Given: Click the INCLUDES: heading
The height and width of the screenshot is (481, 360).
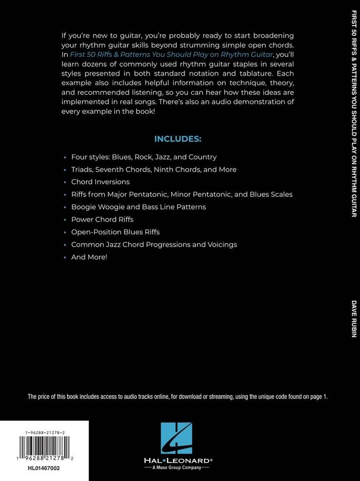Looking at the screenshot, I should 177,139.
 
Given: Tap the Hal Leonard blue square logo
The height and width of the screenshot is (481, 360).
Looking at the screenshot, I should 176,438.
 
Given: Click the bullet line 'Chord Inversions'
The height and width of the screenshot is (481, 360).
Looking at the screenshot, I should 100,182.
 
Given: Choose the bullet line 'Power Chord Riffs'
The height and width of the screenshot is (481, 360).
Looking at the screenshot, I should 102,219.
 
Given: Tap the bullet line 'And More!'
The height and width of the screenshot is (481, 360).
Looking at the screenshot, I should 89,257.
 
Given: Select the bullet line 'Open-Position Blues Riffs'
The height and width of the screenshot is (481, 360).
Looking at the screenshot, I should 115,232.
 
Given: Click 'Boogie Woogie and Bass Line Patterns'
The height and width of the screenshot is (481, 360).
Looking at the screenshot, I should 138,207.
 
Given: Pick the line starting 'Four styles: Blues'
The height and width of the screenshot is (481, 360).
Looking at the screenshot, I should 144,157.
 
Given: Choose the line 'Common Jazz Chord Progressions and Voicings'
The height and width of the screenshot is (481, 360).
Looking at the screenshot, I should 154,244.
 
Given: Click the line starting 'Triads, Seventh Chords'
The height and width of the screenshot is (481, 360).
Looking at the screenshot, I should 153,169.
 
